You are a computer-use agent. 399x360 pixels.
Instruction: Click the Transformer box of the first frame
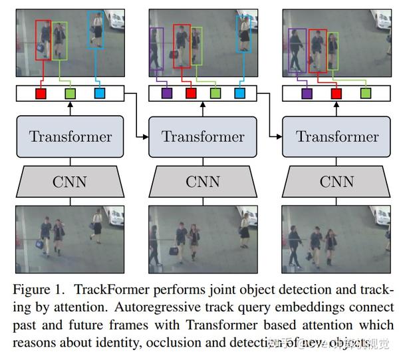click(x=70, y=137)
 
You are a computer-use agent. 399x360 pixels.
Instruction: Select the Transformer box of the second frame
click(x=203, y=137)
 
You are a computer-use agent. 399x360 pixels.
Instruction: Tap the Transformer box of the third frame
click(x=337, y=137)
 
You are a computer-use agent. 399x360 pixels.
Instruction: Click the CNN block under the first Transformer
click(x=70, y=182)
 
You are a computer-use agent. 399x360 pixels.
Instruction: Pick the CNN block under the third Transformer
click(x=337, y=182)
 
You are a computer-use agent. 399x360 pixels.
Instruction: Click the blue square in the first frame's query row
click(x=100, y=94)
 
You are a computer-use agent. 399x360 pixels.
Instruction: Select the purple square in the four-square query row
click(x=166, y=94)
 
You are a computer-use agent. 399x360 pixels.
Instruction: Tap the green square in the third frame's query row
click(x=365, y=94)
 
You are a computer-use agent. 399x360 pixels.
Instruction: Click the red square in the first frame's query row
click(x=41, y=94)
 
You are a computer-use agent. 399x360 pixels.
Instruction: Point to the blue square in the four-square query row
click(x=239, y=94)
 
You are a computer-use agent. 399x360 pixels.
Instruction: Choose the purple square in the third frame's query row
click(x=307, y=94)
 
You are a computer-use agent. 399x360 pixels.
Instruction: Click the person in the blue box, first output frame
click(x=97, y=30)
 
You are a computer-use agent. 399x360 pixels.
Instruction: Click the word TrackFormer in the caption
click(x=109, y=291)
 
